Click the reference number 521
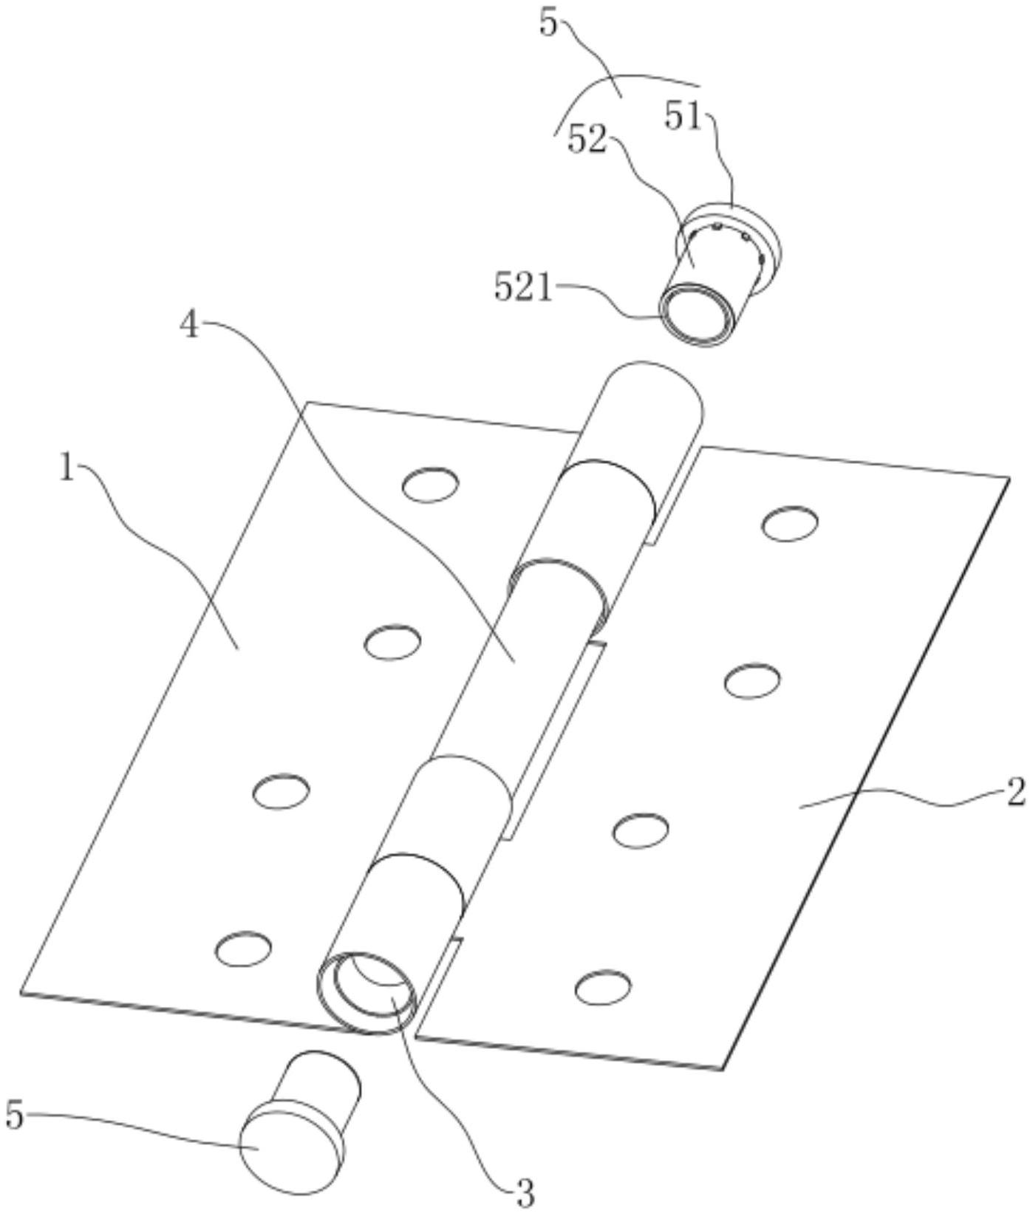coord(523,288)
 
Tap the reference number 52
coord(587,140)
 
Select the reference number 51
coord(683,116)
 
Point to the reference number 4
coord(191,326)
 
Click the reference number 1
coord(67,468)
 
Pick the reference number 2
coord(1015,793)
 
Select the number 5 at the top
coord(548,24)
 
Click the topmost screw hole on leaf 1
coord(430,485)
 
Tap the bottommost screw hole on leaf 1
coord(242,949)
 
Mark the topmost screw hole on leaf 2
coord(790,524)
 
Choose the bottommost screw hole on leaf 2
coord(603,988)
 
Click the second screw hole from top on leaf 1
coord(392,642)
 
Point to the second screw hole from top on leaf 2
coord(751,680)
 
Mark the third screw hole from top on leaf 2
coord(641,830)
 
